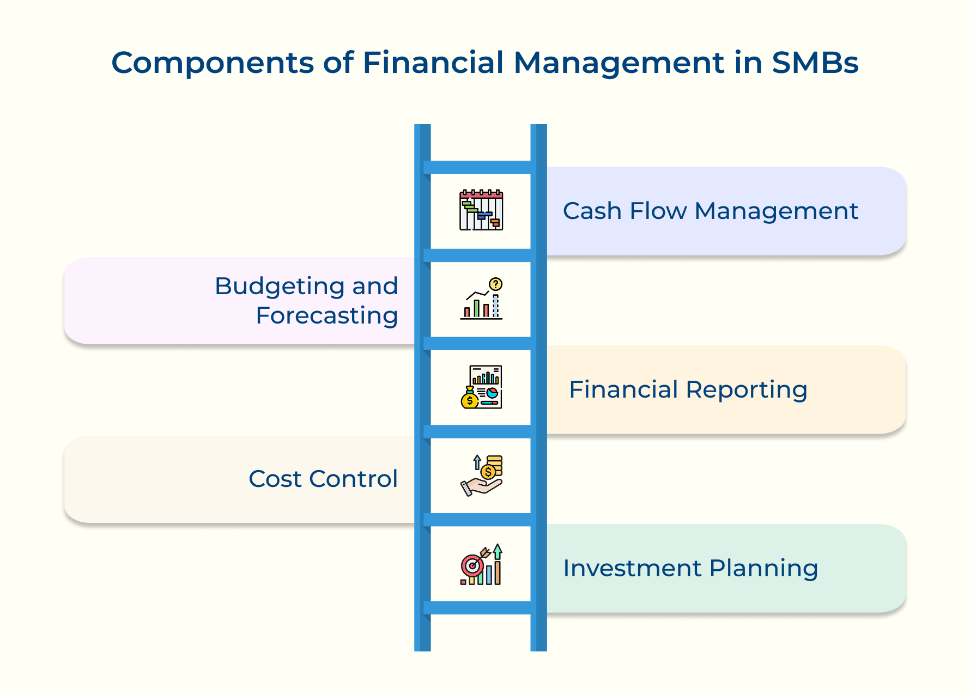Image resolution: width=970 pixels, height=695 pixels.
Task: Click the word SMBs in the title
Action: coord(815,63)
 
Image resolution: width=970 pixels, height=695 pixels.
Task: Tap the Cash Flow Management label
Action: coord(710,211)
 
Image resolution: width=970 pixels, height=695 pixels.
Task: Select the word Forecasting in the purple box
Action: coord(326,316)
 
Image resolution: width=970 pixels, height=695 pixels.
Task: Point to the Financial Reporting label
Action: coord(688,390)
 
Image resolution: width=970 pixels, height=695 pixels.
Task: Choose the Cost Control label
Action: coord(323,479)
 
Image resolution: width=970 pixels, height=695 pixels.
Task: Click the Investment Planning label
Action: coord(690,569)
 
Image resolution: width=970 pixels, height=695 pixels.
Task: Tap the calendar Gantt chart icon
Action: coord(481,210)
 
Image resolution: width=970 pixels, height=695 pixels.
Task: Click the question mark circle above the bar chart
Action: coord(495,284)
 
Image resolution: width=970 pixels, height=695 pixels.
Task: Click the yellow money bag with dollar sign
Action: coord(470,399)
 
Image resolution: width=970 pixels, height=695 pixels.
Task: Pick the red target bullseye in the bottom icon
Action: coord(472,566)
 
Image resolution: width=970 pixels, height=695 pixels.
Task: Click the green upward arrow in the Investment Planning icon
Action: coord(498,551)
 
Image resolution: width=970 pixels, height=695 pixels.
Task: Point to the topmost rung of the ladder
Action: coord(481,167)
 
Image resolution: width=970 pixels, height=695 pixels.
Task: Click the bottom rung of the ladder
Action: coord(481,608)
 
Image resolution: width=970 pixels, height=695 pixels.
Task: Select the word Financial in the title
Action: coord(433,63)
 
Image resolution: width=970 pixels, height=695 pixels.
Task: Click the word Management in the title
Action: coord(619,64)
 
